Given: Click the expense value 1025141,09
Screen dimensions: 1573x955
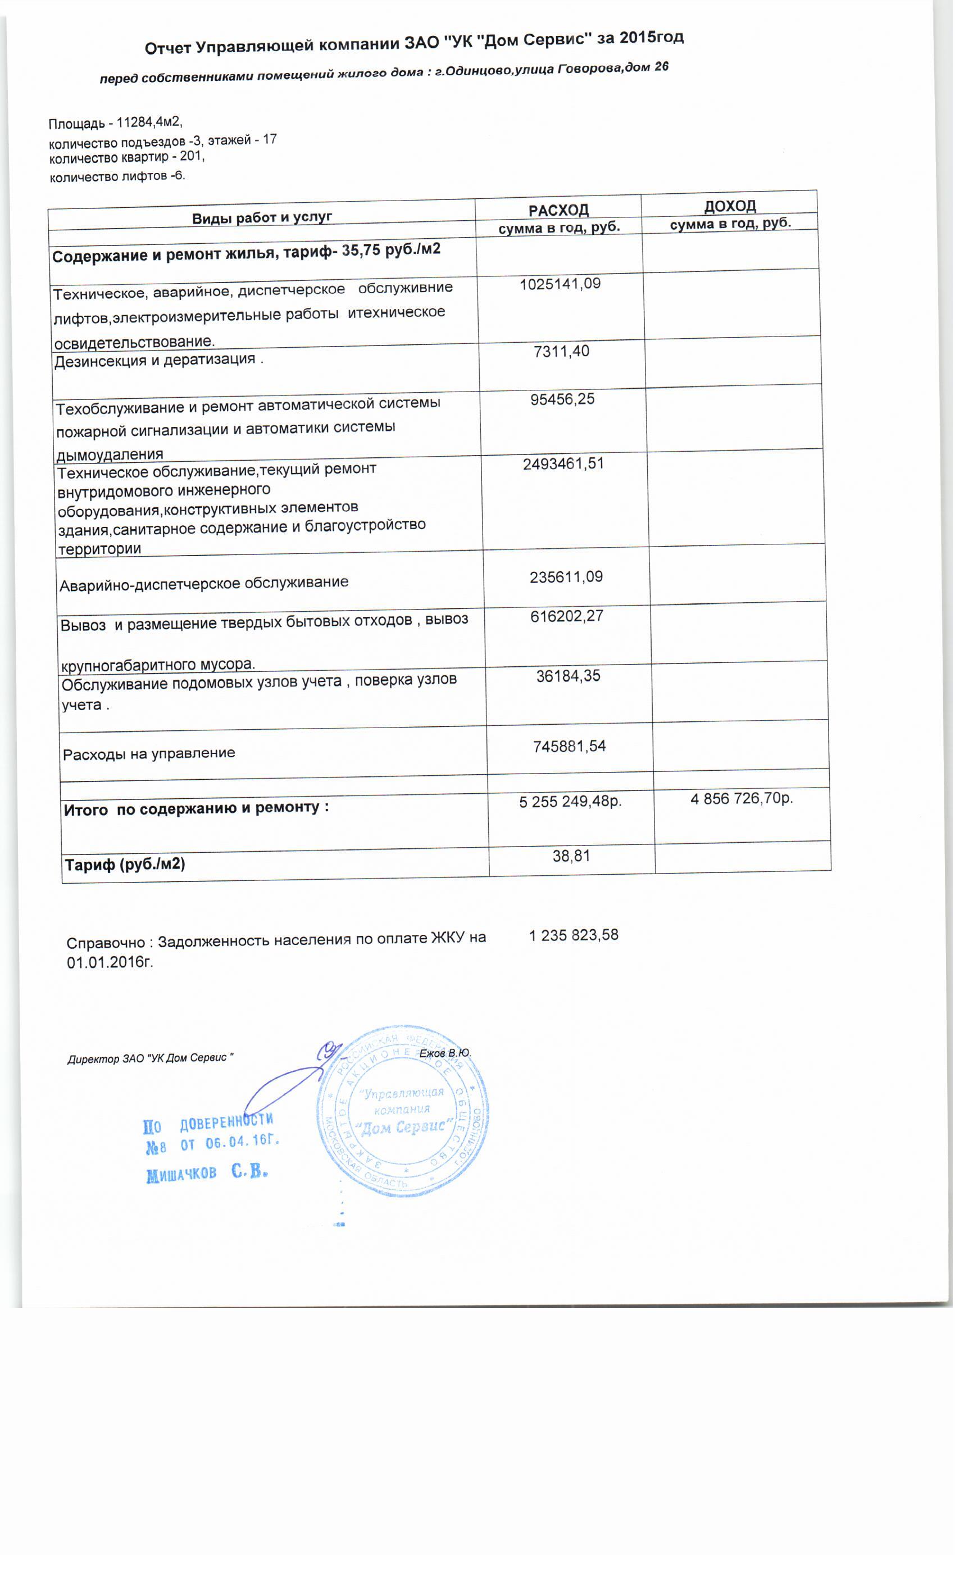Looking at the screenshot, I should [560, 284].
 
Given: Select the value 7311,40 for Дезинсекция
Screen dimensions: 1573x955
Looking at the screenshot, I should [561, 351].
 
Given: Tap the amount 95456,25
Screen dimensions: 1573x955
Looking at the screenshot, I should [562, 399].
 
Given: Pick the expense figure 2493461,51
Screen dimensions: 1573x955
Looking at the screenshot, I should [563, 464].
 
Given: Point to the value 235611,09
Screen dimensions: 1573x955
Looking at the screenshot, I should [566, 577].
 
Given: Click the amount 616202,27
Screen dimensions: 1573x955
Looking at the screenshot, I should [566, 617].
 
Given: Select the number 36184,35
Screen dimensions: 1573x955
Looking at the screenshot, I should [568, 676].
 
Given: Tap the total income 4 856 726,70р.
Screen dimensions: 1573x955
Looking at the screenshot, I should [741, 798].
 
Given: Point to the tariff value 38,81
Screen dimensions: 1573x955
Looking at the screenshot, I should [571, 856].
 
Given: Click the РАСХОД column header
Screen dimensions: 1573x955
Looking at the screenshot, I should [558, 210].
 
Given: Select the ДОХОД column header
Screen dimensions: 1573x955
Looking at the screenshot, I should [730, 206].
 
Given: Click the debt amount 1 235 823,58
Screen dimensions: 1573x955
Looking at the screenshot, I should [573, 935].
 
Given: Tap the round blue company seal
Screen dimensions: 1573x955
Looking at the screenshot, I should [402, 1111].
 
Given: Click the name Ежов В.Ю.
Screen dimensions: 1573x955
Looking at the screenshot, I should [445, 1053].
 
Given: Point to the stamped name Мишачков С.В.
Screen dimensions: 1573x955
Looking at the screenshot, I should [207, 1173].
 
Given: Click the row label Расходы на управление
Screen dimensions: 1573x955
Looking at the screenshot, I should [149, 754].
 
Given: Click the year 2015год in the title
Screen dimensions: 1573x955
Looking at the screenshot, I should [651, 38].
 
